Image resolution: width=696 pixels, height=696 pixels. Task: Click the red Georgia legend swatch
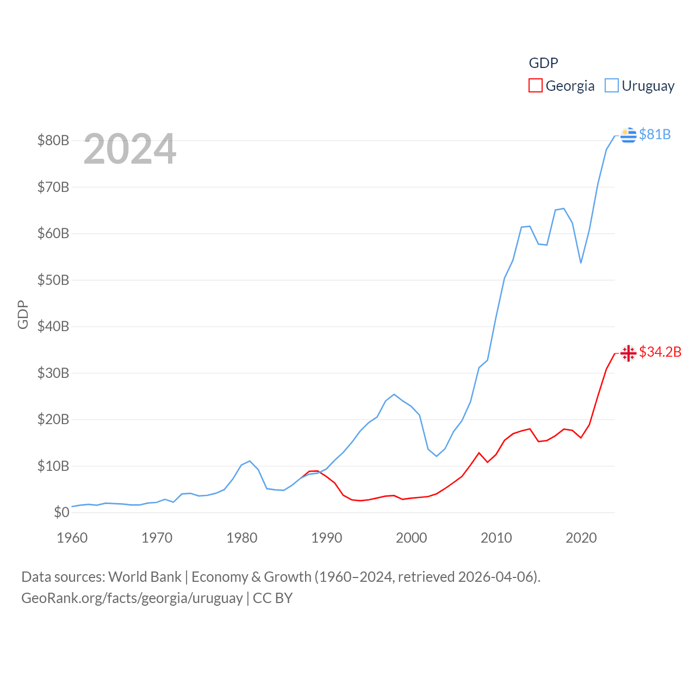[x=536, y=86]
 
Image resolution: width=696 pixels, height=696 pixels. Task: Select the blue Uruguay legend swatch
[x=612, y=86]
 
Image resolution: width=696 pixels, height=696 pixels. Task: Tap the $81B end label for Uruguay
[x=655, y=134]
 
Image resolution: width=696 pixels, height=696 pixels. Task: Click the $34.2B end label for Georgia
[x=660, y=352]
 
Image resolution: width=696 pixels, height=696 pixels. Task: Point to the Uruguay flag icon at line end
[x=628, y=135]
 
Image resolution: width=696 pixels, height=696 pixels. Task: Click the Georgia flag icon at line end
[x=628, y=353]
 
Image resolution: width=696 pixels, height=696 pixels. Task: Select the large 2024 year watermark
[x=129, y=149]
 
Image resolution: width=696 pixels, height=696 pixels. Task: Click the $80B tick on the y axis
[x=53, y=140]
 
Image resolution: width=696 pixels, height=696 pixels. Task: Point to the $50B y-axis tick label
[x=53, y=280]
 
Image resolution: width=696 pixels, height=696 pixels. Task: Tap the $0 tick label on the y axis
[x=61, y=512]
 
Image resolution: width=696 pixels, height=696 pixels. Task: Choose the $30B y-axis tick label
[x=53, y=373]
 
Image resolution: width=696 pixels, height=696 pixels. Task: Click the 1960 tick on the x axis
[x=72, y=538]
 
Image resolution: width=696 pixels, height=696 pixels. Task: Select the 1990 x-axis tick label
[x=327, y=538]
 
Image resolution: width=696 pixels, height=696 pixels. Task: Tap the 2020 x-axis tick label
[x=581, y=538]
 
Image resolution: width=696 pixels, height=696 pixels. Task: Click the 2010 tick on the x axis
[x=496, y=538]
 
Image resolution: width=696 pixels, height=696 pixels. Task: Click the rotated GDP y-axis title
[x=23, y=314]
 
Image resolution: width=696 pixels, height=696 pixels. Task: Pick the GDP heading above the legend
[x=543, y=63]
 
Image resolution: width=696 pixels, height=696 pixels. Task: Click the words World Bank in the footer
[x=145, y=576]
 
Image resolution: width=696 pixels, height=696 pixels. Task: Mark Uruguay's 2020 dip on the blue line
[x=581, y=263]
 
